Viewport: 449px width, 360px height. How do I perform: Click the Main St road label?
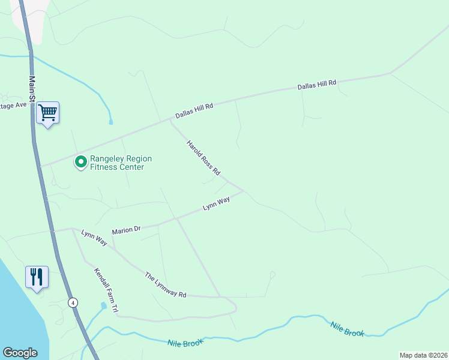[x=32, y=88]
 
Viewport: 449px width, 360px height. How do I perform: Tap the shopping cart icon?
[x=47, y=112]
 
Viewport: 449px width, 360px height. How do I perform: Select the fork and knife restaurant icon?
[x=37, y=277]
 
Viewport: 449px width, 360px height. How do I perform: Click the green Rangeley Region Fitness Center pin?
[x=80, y=162]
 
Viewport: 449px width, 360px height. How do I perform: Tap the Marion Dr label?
[x=126, y=230]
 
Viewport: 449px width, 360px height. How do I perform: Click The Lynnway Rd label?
[x=166, y=285]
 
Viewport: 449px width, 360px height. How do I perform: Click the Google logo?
[x=20, y=353]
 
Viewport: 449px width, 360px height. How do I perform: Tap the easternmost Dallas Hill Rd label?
[x=318, y=85]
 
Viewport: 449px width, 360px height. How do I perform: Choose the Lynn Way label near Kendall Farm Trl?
[x=94, y=238]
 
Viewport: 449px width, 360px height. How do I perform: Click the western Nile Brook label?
[x=185, y=343]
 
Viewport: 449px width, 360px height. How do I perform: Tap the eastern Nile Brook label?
[x=348, y=329]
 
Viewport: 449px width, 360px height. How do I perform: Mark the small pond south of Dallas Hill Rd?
[x=111, y=122]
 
